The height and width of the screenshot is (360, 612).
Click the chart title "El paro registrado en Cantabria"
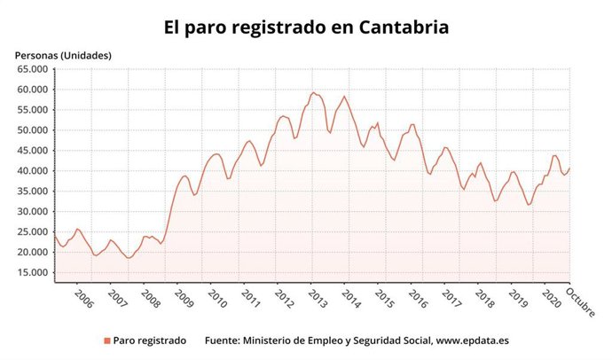click(306, 27)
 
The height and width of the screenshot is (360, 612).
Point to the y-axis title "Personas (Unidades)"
click(62, 55)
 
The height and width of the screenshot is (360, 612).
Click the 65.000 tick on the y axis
click(31, 69)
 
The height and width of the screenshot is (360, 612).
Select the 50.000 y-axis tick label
click(31, 130)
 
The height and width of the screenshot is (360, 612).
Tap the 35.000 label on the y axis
click(31, 192)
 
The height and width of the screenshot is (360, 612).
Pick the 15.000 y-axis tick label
click(31, 272)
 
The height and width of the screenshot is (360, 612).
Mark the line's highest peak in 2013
click(313, 92)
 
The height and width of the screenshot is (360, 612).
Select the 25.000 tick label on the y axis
click(31, 232)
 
